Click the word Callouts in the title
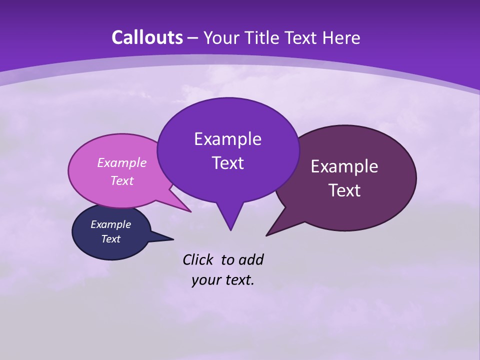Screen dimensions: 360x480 (147, 37)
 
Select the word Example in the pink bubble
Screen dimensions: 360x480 (122, 162)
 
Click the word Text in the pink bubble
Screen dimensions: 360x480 (122, 180)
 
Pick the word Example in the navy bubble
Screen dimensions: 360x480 (110, 224)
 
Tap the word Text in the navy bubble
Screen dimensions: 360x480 (110, 239)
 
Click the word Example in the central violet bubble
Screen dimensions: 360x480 (227, 139)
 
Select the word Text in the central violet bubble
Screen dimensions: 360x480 (227, 163)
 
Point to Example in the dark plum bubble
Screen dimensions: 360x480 (344, 166)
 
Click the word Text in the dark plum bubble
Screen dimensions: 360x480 (344, 190)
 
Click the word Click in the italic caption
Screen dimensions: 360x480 (198, 259)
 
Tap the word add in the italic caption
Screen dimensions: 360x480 (251, 259)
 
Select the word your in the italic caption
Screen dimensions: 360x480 (204, 280)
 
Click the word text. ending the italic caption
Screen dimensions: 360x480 (238, 280)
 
